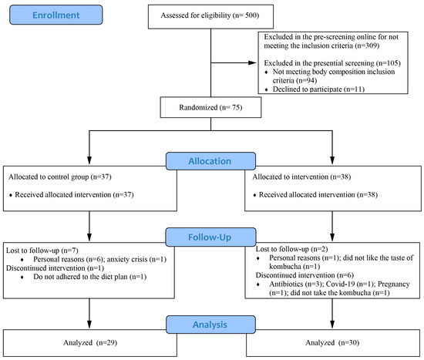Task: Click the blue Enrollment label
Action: tap(56, 15)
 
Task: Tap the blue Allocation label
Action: tap(210, 161)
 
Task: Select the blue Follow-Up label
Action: tap(210, 237)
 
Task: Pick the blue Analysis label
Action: tap(210, 325)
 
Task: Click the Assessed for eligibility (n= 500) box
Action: tap(210, 16)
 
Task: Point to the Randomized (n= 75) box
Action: tap(210, 107)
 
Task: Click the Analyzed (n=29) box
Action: tap(90, 343)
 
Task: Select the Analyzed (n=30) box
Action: tap(332, 343)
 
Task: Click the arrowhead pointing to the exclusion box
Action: tap(252, 62)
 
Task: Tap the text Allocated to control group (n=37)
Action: tap(60, 177)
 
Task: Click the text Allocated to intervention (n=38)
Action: tap(301, 177)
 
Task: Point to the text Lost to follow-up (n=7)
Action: tap(42, 251)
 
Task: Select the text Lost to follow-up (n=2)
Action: tap(291, 249)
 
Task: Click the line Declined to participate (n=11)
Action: tap(318, 89)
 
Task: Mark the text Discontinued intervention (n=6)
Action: tap(305, 275)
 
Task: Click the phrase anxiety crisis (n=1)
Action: tap(136, 259)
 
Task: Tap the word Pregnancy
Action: tap(394, 284)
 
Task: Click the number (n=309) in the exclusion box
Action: tap(367, 45)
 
